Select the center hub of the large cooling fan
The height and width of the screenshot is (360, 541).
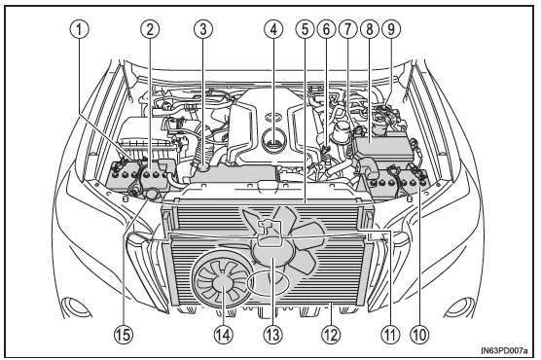coord(275,249)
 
